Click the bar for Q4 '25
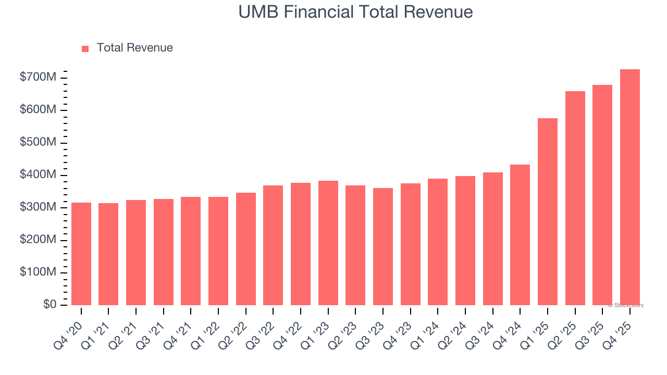pos(629,187)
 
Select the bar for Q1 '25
pos(547,212)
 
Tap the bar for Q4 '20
pos(81,254)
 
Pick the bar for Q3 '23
pos(383,247)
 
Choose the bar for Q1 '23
pos(328,243)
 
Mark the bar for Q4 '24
pos(520,235)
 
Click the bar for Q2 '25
pos(575,198)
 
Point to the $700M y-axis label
pos(38,78)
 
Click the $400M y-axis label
pos(38,175)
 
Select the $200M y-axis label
pos(38,240)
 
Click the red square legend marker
pos(85,48)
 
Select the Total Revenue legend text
pos(134,48)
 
